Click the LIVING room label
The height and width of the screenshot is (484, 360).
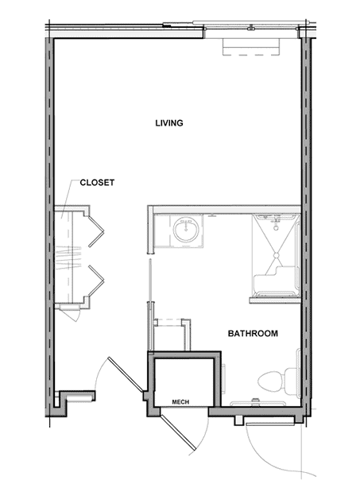(x=169, y=123)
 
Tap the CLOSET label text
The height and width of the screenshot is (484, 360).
(x=97, y=183)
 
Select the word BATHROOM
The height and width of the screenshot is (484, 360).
(x=253, y=333)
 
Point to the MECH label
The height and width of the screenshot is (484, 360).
(x=180, y=402)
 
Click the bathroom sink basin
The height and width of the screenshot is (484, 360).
(x=186, y=230)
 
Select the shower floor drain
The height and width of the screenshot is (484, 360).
(x=277, y=256)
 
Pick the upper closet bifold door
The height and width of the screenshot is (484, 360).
(x=96, y=231)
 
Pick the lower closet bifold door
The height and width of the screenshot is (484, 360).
(x=96, y=281)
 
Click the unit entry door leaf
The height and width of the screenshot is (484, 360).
(x=126, y=374)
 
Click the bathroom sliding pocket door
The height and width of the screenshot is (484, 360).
(x=150, y=281)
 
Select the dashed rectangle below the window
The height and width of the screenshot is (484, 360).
(x=251, y=47)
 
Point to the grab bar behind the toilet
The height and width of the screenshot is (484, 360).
(x=258, y=402)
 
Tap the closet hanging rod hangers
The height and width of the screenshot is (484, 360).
(x=68, y=258)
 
